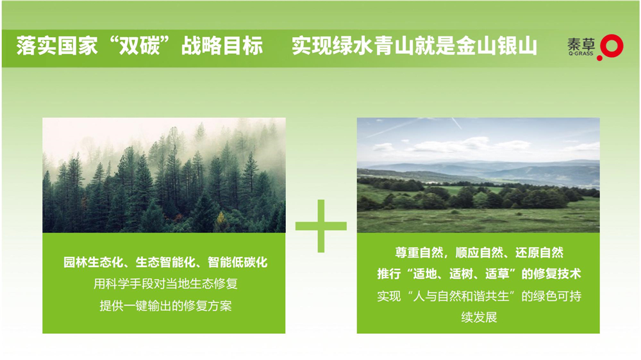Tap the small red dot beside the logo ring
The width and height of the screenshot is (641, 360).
point(600,58)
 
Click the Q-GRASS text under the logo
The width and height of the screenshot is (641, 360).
point(581,54)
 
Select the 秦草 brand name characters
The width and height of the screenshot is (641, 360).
point(581,44)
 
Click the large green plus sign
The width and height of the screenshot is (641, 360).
point(321,226)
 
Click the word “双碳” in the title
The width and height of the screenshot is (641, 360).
point(140,45)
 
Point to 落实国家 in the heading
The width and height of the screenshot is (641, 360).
point(57,45)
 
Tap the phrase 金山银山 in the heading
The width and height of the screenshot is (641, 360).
point(496,45)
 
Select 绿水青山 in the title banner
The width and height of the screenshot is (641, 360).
point(374,45)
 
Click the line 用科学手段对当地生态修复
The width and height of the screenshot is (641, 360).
point(165,284)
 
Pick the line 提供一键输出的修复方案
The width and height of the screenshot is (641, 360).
point(165,306)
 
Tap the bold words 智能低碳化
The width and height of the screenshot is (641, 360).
point(238,262)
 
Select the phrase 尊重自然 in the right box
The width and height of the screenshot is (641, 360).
point(419,252)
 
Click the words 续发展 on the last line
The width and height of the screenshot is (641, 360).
point(479,317)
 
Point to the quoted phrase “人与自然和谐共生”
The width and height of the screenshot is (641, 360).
point(461,296)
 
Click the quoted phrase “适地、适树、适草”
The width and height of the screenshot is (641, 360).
point(461,274)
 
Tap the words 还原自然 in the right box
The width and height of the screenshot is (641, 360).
point(539,252)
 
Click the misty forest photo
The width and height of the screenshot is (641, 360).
point(164,176)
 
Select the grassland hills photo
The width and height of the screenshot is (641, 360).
point(478,176)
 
